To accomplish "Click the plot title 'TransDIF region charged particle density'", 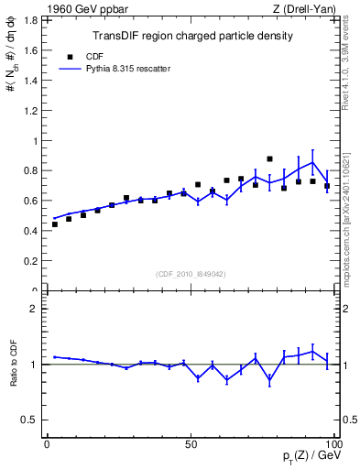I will (192, 37).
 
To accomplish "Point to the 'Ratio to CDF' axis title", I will (14, 376).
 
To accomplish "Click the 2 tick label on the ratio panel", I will (35, 309).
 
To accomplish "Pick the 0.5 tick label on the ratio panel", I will (30, 420).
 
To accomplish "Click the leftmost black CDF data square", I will (54, 224).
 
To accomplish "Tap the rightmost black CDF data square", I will (327, 186).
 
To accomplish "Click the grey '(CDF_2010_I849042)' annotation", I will (191, 273).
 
